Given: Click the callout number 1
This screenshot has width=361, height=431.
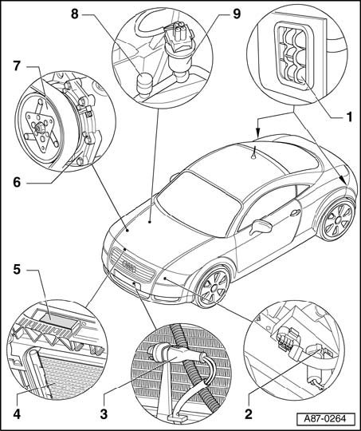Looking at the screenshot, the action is (x=348, y=117).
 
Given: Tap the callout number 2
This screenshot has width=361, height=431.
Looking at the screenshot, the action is (x=248, y=414).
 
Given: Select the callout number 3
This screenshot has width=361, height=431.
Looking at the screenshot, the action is (x=104, y=414).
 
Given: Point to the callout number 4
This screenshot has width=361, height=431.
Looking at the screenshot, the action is (x=17, y=414).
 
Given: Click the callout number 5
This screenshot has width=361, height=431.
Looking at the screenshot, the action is (x=17, y=270).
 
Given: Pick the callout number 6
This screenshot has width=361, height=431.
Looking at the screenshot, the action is (x=17, y=182).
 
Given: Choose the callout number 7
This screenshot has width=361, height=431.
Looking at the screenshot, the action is (x=17, y=66).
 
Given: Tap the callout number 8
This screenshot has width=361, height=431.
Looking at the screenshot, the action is (x=75, y=14).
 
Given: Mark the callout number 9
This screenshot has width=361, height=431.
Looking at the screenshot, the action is (x=237, y=14).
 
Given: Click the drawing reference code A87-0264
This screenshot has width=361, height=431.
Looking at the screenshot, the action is (x=325, y=418).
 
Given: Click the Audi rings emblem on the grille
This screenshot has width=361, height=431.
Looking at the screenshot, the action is (x=129, y=266).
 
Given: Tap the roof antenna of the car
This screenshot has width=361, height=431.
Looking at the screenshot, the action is (x=253, y=152).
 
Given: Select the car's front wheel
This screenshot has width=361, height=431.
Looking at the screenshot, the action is (x=214, y=287).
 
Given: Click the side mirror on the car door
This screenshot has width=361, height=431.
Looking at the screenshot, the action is (x=261, y=226).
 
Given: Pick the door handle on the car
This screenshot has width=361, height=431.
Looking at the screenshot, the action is (x=295, y=212).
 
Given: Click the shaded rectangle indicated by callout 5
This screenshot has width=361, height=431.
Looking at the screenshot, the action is (x=58, y=321).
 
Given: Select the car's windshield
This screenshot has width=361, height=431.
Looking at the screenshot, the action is (x=198, y=204).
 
